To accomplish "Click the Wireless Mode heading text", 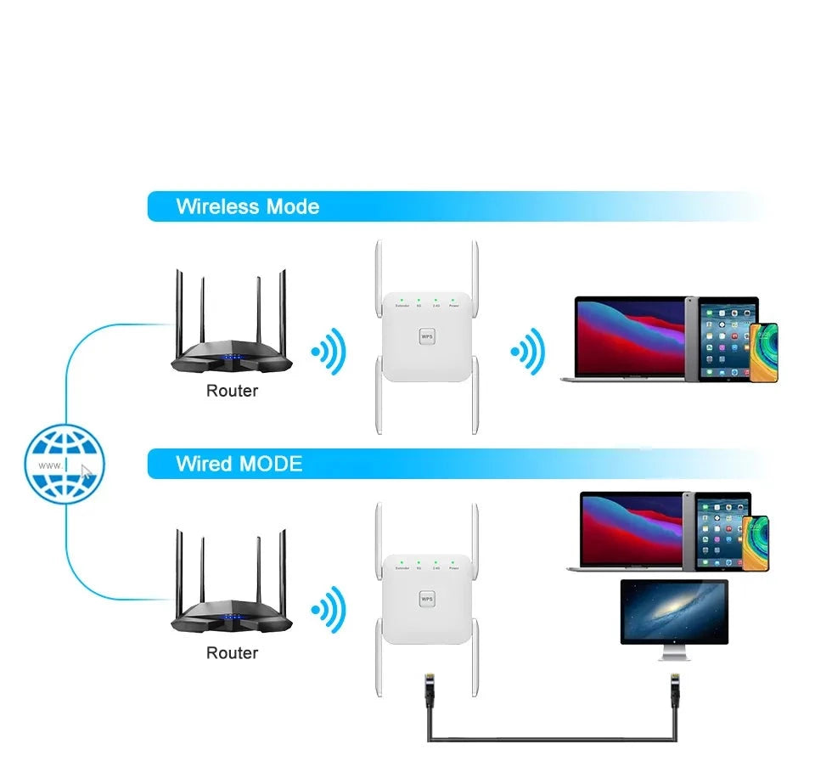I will coord(247,206).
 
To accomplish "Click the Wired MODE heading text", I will coord(239,464).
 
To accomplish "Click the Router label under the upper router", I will coord(232,391).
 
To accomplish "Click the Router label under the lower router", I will coord(232,652).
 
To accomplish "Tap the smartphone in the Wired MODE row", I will coord(756,541).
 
